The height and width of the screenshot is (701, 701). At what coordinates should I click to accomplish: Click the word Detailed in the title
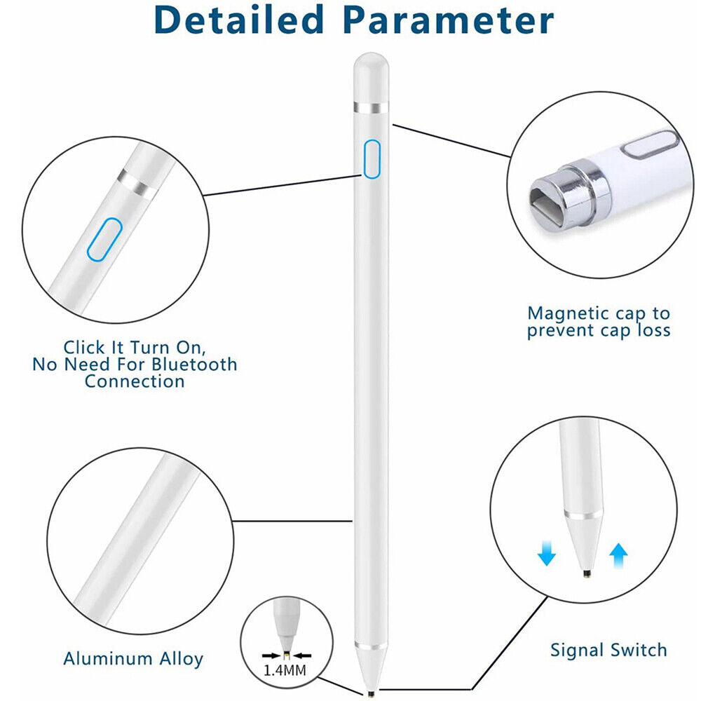tap(238, 20)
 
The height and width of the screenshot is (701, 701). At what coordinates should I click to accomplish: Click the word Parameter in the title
tap(449, 21)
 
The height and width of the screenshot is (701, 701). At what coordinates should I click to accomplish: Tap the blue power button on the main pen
tap(372, 159)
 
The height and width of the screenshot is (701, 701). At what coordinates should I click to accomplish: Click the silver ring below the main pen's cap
tap(371, 108)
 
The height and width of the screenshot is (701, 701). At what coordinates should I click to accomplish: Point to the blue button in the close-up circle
tap(104, 239)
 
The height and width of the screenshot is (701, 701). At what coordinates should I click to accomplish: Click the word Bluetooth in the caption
tap(194, 365)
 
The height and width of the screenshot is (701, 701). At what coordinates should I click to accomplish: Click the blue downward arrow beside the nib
tap(546, 554)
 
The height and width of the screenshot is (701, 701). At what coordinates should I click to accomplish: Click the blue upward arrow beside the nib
tap(618, 556)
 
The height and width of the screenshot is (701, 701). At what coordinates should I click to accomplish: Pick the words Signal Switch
tap(608, 650)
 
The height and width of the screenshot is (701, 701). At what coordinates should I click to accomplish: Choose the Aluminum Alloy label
tap(133, 658)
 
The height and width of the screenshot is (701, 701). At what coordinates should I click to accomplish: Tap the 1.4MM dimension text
tap(285, 671)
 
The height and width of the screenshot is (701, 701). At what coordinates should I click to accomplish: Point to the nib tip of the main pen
tap(370, 694)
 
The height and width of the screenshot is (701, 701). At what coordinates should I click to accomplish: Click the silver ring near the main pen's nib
tap(371, 646)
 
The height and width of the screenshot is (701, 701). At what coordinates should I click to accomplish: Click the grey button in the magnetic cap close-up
tap(651, 144)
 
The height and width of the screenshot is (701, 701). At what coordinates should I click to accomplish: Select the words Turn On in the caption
tap(168, 348)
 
